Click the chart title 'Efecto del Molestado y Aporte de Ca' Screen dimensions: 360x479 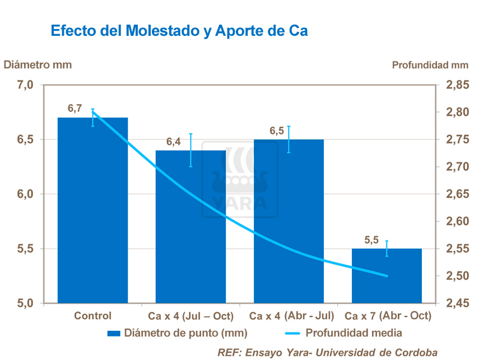coord(179,31)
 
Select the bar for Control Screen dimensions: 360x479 coord(93,213)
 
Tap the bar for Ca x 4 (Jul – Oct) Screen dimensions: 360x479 coord(190,230)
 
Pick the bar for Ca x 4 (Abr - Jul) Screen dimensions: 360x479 coord(289,224)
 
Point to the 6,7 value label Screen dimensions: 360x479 coord(75,109)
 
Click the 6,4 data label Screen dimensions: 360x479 coord(174,142)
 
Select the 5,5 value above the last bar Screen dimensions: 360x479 coord(372,240)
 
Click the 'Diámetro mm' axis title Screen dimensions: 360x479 coord(38,64)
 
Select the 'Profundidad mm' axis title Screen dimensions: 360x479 coord(430,65)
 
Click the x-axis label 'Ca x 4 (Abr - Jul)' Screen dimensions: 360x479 coord(292,316)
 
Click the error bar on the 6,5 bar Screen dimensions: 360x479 coord(289,139)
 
